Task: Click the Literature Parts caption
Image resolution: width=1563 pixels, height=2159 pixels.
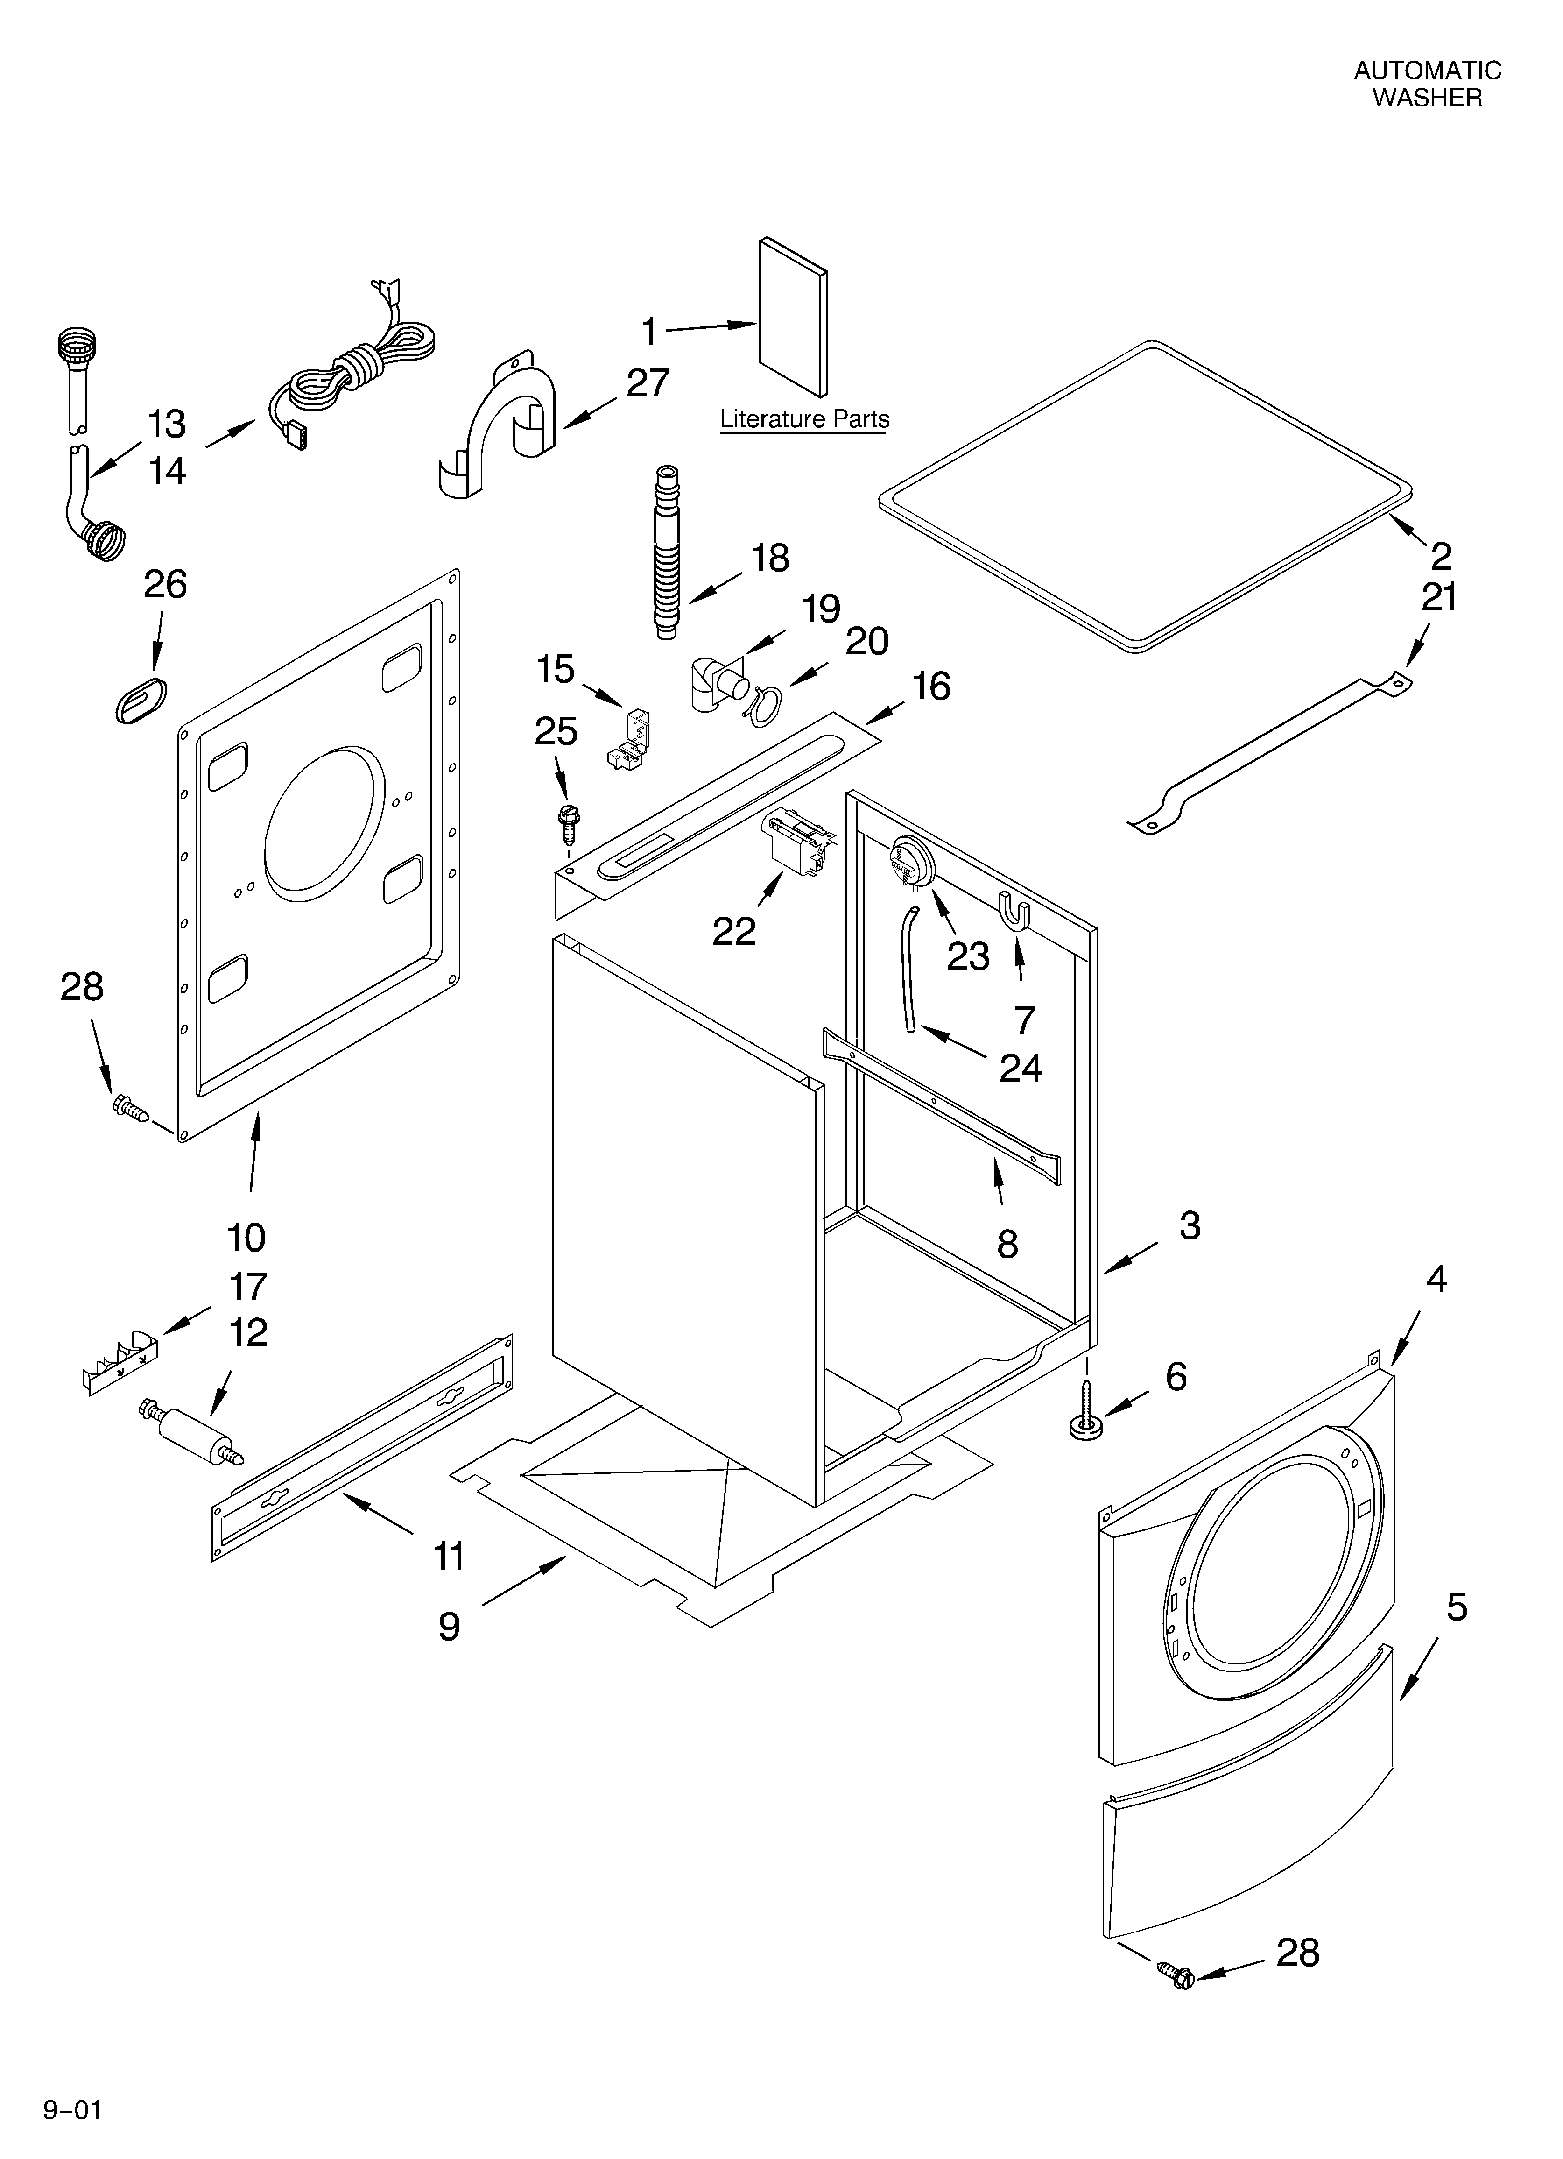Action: click(804, 419)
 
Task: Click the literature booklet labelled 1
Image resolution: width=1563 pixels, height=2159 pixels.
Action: click(793, 317)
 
